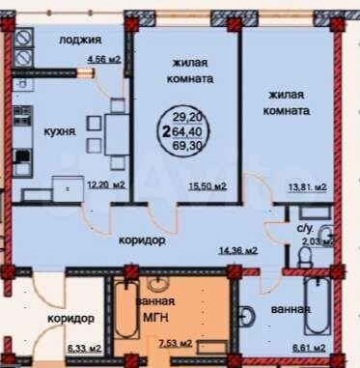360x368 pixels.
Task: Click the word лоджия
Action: click(75, 42)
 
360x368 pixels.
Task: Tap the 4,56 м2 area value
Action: click(104, 60)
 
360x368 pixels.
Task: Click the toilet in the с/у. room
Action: click(306, 259)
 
